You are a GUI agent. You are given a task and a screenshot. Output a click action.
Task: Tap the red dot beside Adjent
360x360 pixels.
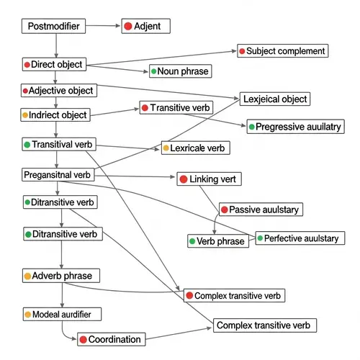click(128, 27)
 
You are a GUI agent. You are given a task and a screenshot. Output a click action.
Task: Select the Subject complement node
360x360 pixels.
click(282, 51)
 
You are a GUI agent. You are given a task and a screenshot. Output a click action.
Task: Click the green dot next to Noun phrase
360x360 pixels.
click(153, 71)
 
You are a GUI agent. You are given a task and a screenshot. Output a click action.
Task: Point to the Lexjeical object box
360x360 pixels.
click(274, 99)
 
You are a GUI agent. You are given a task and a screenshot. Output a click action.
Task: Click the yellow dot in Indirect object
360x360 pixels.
click(26, 115)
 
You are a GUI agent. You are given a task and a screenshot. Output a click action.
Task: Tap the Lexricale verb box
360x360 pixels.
click(194, 148)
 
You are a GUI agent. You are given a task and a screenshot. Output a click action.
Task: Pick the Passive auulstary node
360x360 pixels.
click(260, 210)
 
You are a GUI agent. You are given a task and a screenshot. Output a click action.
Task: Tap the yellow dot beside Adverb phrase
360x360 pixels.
click(28, 276)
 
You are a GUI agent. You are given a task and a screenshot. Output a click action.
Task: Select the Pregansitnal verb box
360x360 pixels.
click(57, 175)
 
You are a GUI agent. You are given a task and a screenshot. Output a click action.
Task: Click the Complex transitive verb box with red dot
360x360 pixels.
click(234, 296)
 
